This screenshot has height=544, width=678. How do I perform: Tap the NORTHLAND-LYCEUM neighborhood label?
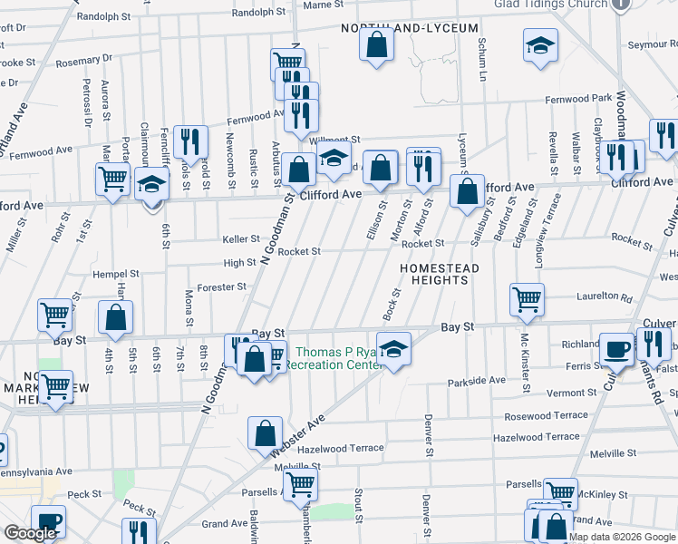pos(410,28)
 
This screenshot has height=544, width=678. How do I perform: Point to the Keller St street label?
pos(241,239)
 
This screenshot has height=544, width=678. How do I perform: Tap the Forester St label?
pos(222,287)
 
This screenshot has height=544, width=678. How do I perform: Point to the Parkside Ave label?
pos(477,381)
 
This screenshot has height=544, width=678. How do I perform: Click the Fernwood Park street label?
pos(578,99)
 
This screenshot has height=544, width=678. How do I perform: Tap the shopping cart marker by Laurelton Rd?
pos(527,298)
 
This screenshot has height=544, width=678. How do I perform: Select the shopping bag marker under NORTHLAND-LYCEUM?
pos(376,43)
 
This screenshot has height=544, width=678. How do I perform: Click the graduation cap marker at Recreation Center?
pos(393,349)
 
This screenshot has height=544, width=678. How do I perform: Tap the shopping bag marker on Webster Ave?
pos(265,432)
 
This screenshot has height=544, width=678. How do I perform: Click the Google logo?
pos(30,533)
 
